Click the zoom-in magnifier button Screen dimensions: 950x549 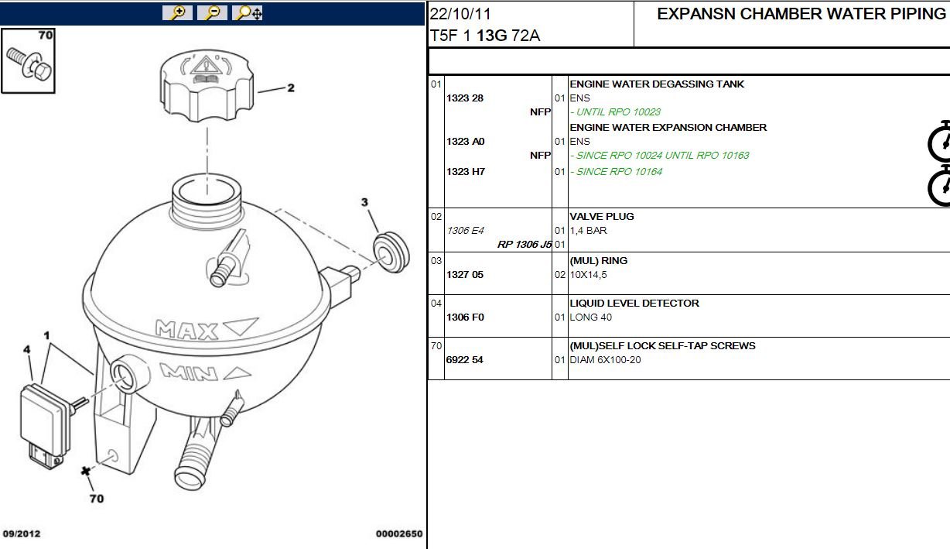(177, 12)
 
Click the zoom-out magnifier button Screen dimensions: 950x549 (212, 12)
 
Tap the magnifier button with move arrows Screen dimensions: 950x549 (248, 12)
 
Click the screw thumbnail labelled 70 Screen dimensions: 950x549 (28, 60)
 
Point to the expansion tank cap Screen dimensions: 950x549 (207, 86)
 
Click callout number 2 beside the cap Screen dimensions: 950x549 (291, 88)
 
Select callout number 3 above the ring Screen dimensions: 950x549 (364, 202)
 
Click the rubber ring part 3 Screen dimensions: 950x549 (391, 252)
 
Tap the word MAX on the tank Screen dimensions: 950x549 (186, 330)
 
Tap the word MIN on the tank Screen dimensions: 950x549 (189, 372)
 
